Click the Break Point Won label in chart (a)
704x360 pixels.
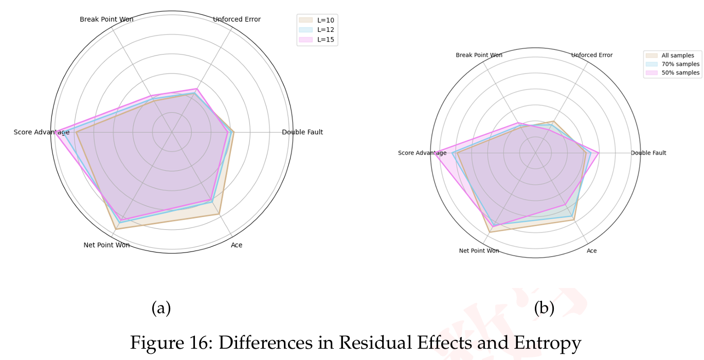pos(106,20)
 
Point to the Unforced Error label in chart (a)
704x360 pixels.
pos(237,20)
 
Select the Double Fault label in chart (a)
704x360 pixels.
pos(302,132)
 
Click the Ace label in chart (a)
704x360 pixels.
pos(237,245)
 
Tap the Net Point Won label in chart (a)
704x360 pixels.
pos(106,245)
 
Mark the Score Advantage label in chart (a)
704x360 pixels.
pos(42,132)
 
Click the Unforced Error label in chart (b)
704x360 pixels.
pos(592,55)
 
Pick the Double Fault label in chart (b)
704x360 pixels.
pos(648,153)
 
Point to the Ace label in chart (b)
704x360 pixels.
pos(592,251)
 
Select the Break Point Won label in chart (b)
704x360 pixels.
pos(479,55)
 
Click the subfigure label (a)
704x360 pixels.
pos(161,309)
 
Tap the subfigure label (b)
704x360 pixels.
pos(544,309)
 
